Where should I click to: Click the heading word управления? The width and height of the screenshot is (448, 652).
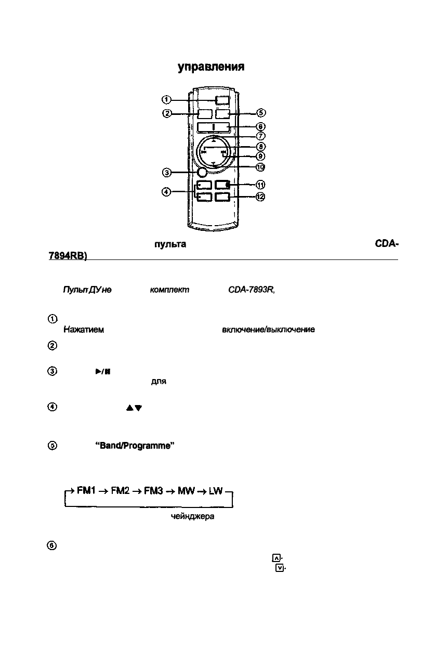coord(211,68)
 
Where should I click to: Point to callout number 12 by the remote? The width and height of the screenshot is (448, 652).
coord(260,197)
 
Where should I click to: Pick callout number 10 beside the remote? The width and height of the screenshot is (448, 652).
coord(260,167)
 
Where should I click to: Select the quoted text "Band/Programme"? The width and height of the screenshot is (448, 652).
coord(134,446)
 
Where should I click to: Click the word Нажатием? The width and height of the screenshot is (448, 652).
coord(84,330)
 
